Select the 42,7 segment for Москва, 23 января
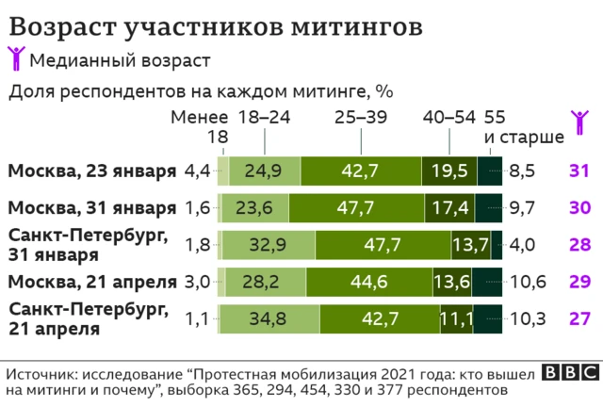[x=361, y=171]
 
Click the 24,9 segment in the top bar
[x=264, y=171]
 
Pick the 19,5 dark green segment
[x=448, y=171]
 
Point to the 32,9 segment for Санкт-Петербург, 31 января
[x=269, y=245]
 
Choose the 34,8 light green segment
[x=267, y=318]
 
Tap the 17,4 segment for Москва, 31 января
[x=448, y=208]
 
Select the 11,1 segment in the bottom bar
[x=456, y=318]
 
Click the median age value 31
[x=579, y=171]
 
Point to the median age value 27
[x=579, y=318]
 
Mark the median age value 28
[x=579, y=245]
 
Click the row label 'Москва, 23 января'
[x=92, y=171]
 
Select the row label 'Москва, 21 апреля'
[x=92, y=282]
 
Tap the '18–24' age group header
[x=265, y=117]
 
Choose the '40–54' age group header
[x=449, y=117]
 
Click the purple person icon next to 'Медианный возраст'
[x=16, y=59]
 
